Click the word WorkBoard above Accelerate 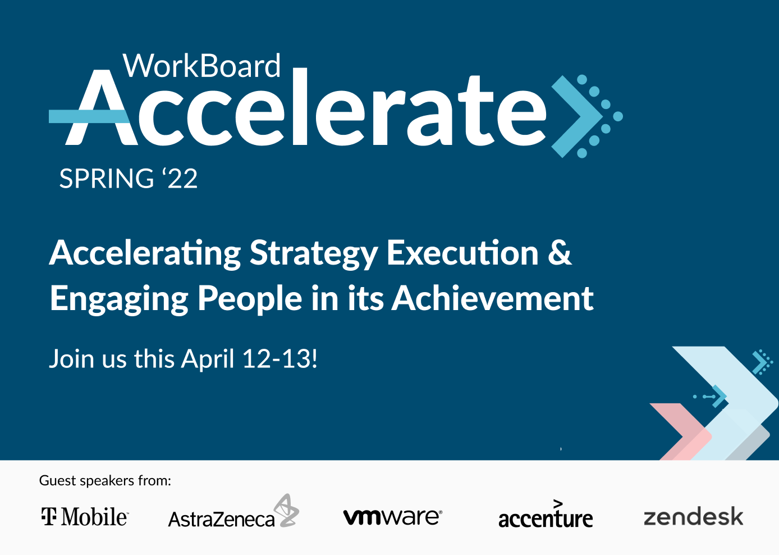(201, 66)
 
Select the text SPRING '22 (129, 178)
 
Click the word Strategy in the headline (313, 254)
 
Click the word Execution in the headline (462, 252)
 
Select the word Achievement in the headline (492, 297)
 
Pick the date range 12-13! (280, 358)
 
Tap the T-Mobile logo (85, 516)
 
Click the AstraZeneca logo (233, 511)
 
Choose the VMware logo (393, 517)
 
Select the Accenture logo (546, 515)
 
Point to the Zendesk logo (694, 516)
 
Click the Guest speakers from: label (105, 481)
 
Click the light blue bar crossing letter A (89, 116)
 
